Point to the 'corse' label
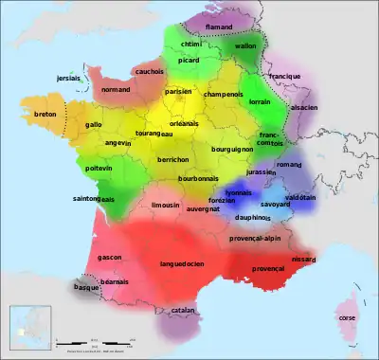click(347, 318)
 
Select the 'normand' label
click(115, 89)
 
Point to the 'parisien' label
click(178, 92)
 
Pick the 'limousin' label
click(166, 205)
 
